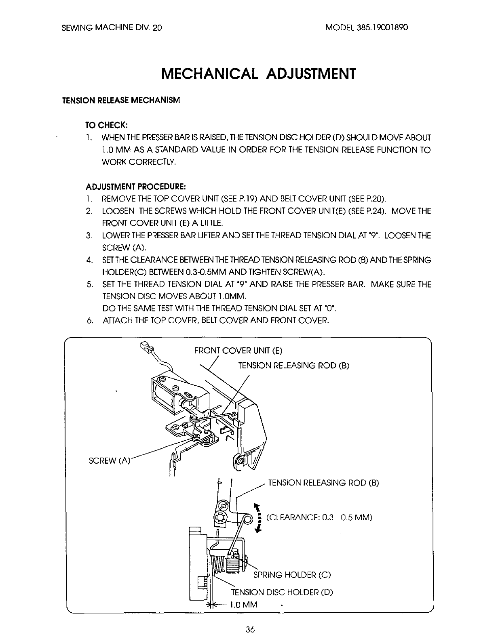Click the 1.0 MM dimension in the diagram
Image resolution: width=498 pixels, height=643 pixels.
point(243,605)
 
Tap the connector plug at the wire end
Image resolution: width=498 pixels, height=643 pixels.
point(145,347)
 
